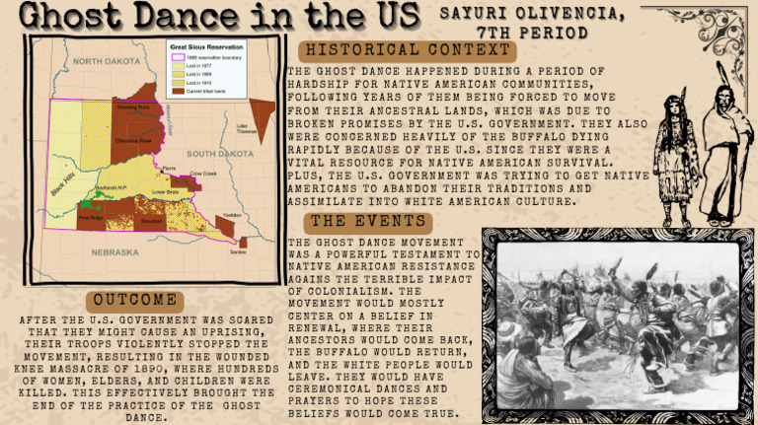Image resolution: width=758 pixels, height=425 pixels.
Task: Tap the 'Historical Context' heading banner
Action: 409,50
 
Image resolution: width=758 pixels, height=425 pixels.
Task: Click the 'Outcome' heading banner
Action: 137,300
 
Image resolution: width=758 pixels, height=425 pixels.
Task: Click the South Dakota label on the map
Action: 218,154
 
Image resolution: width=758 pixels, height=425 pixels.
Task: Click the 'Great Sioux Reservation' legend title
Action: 206,46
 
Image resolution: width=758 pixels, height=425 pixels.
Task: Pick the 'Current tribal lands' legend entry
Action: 217,90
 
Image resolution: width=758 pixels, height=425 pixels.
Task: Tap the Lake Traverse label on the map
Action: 247,128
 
